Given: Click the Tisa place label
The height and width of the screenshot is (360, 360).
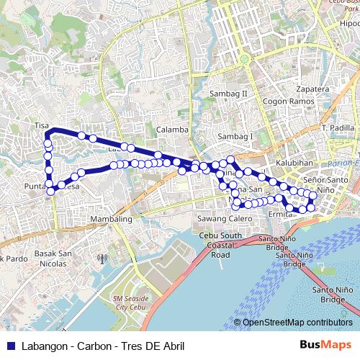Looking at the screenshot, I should [41, 125].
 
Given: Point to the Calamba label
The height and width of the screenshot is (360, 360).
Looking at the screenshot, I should [171, 130].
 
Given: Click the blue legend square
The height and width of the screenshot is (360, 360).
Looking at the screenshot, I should [11, 345].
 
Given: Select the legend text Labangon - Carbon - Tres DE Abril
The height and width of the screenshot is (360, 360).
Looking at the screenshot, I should [102, 345].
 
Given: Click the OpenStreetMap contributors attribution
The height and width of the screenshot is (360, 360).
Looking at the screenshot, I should [297, 322].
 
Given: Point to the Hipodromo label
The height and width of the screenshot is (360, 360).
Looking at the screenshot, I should [349, 23].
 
